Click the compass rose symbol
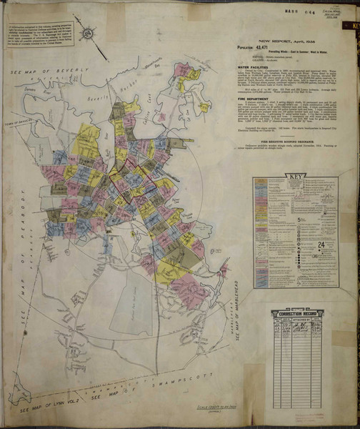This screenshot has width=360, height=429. click(87, 32)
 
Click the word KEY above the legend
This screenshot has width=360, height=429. click(294, 177)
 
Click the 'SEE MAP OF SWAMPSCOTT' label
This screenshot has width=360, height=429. click(136, 393)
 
